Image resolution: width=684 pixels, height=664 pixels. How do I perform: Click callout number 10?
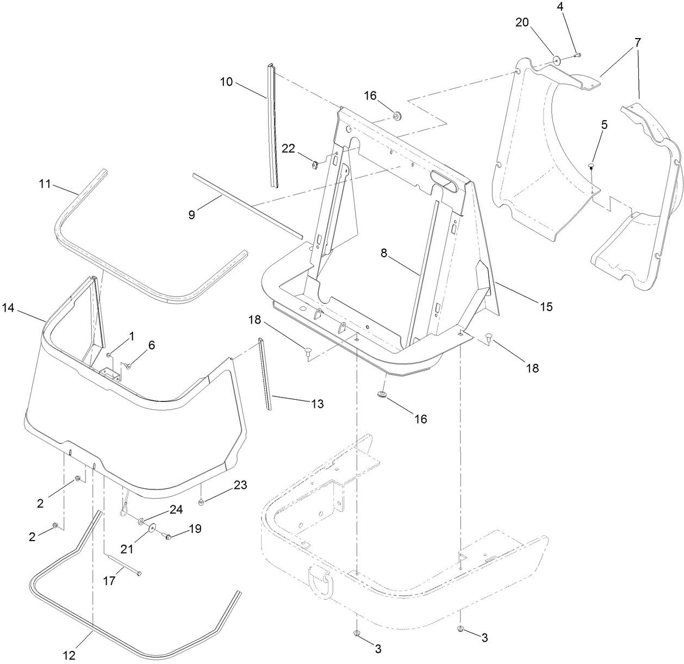(226, 82)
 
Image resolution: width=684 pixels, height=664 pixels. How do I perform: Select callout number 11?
(45, 184)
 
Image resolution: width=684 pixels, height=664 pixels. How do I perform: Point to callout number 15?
(546, 307)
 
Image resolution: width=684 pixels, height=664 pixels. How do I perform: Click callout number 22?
(288, 148)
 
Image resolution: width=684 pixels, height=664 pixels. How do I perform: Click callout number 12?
(69, 656)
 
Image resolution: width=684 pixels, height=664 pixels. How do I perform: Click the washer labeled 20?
(557, 58)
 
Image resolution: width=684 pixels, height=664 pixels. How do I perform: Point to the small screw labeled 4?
(579, 54)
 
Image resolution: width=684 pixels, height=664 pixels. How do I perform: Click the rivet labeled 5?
(590, 166)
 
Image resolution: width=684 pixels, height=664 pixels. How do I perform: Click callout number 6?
(151, 345)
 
